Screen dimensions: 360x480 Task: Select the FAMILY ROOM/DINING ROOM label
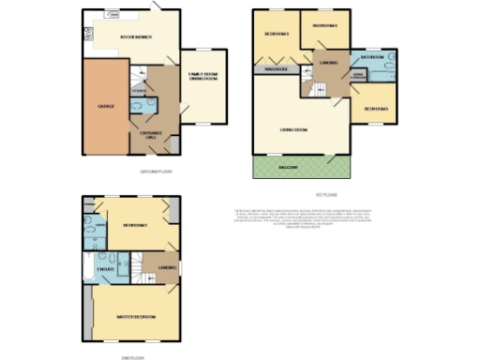202,78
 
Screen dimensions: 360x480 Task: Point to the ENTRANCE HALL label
152,136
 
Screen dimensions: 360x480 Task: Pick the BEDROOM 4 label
324,25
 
